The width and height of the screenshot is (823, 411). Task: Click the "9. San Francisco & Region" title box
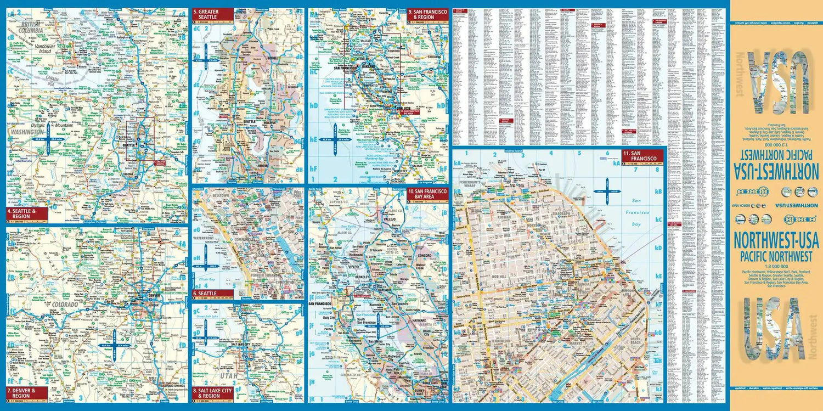(427, 14)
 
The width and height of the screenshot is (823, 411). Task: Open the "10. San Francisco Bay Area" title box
(427, 194)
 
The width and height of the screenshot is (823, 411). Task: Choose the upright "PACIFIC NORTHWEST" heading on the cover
(775, 256)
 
